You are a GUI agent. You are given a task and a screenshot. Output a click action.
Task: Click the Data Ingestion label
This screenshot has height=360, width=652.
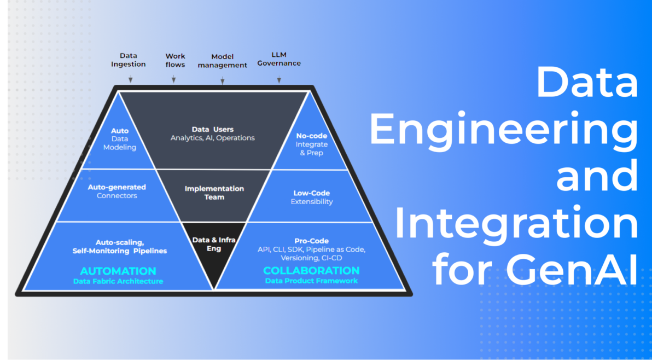pyautogui.click(x=129, y=60)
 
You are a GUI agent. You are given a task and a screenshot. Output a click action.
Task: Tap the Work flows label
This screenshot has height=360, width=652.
pyautogui.click(x=175, y=60)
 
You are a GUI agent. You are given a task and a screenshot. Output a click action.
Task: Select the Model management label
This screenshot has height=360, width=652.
pyautogui.click(x=222, y=61)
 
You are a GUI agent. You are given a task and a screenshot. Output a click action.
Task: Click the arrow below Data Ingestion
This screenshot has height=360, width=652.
pyautogui.click(x=130, y=79)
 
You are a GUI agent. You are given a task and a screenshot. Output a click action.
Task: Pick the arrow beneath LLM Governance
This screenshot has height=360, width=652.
pyautogui.click(x=279, y=80)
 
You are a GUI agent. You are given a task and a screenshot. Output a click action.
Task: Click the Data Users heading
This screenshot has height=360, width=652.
pyautogui.click(x=212, y=129)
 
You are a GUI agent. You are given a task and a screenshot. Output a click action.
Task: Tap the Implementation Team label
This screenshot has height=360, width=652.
pyautogui.click(x=214, y=193)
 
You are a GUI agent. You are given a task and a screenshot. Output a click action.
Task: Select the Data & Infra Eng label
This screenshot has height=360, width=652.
pyautogui.click(x=213, y=244)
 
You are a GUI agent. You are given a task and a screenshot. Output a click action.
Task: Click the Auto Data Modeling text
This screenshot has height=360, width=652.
pyautogui.click(x=120, y=139)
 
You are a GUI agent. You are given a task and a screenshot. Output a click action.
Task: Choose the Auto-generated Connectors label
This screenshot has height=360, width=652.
pyautogui.click(x=117, y=191)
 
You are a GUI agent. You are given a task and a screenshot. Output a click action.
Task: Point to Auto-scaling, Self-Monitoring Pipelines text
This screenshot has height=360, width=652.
pyautogui.click(x=119, y=246)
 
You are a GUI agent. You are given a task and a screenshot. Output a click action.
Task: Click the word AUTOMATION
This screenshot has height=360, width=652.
pyautogui.click(x=118, y=271)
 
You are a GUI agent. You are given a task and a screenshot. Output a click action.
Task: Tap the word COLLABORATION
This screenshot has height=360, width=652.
pyautogui.click(x=311, y=270)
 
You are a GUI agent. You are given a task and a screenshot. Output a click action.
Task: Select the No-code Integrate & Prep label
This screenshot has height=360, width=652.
pyautogui.click(x=311, y=144)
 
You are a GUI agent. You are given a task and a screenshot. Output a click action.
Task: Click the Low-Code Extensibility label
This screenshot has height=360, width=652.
pyautogui.click(x=311, y=197)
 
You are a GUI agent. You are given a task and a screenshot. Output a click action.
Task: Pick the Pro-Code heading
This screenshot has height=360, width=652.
pyautogui.click(x=311, y=241)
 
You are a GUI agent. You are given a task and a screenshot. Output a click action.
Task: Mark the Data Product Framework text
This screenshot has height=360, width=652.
pyautogui.click(x=311, y=281)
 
